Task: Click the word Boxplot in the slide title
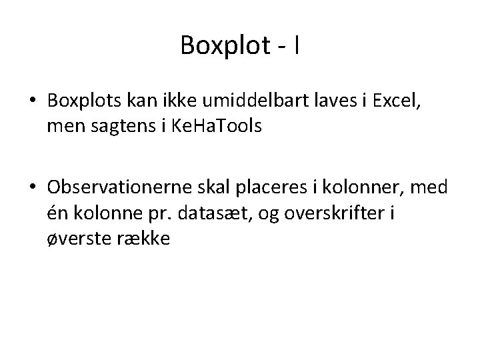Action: (224, 46)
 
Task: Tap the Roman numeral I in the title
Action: (295, 46)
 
